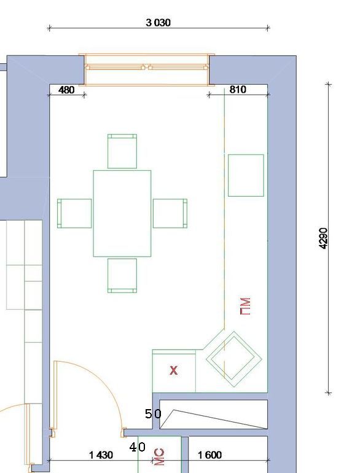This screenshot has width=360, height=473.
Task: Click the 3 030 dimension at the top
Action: point(158,23)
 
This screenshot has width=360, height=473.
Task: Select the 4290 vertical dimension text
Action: point(323,238)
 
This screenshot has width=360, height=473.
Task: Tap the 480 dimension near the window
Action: point(66,90)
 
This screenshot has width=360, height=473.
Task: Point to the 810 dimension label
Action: point(238,90)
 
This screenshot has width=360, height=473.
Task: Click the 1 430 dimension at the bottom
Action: point(101,455)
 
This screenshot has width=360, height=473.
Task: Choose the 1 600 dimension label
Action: point(209,455)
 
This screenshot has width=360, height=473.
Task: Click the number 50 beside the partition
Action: point(154,414)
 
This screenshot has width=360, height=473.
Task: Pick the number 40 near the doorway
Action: point(137,447)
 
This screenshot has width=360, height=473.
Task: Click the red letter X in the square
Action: point(173,370)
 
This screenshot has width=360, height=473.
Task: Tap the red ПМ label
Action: point(245,307)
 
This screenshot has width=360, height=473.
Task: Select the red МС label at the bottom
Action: point(159,457)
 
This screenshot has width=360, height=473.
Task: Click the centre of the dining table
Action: point(122,213)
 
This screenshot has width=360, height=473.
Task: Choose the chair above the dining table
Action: point(122,151)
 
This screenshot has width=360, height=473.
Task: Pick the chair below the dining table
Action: point(122,276)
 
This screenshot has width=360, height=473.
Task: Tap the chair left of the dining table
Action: point(74,213)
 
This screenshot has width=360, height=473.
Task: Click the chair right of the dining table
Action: point(170,213)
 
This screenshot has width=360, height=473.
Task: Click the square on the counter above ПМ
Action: point(246,175)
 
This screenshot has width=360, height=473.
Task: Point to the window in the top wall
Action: point(147,70)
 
